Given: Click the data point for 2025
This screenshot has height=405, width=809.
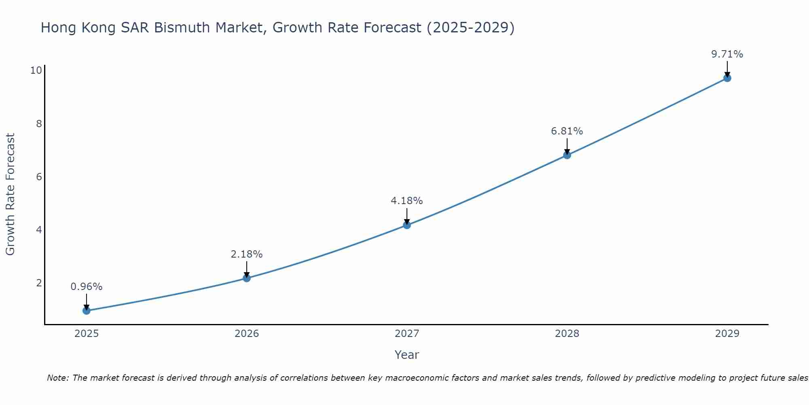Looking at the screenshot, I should pos(87,311).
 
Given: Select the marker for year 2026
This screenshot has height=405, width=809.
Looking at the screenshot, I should pos(247,278).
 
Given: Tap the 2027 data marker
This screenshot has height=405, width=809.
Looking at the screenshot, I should pos(407,225).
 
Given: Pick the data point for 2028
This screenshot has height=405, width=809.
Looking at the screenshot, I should pos(567,155).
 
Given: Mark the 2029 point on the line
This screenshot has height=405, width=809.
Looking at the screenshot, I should pos(727,78).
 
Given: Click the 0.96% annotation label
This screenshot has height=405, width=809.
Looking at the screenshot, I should pos(87,287).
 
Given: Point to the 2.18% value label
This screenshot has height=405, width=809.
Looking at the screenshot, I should pos(247,254).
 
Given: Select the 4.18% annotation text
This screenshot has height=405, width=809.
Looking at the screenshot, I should pos(407,201).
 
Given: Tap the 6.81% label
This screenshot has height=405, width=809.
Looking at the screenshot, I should pos(567,131).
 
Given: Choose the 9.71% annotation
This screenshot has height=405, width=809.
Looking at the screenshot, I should pos(727,54).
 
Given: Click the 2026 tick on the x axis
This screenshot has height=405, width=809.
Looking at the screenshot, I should pos(247,334).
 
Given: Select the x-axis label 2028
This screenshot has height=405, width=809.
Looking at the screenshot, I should pos(567,334).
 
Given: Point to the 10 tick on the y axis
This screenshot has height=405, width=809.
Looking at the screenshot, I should pos(36,70).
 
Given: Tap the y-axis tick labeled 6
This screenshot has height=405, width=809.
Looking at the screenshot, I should pos(39,177).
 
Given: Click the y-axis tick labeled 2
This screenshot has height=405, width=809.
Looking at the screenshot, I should pos(39,283).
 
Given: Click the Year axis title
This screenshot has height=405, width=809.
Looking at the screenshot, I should pos(407,355).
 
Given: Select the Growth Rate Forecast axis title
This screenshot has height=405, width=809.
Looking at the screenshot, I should pos(10,194).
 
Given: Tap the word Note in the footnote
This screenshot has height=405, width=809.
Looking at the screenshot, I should pos(58,378).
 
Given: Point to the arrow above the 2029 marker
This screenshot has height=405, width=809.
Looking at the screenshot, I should pos(727,68).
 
